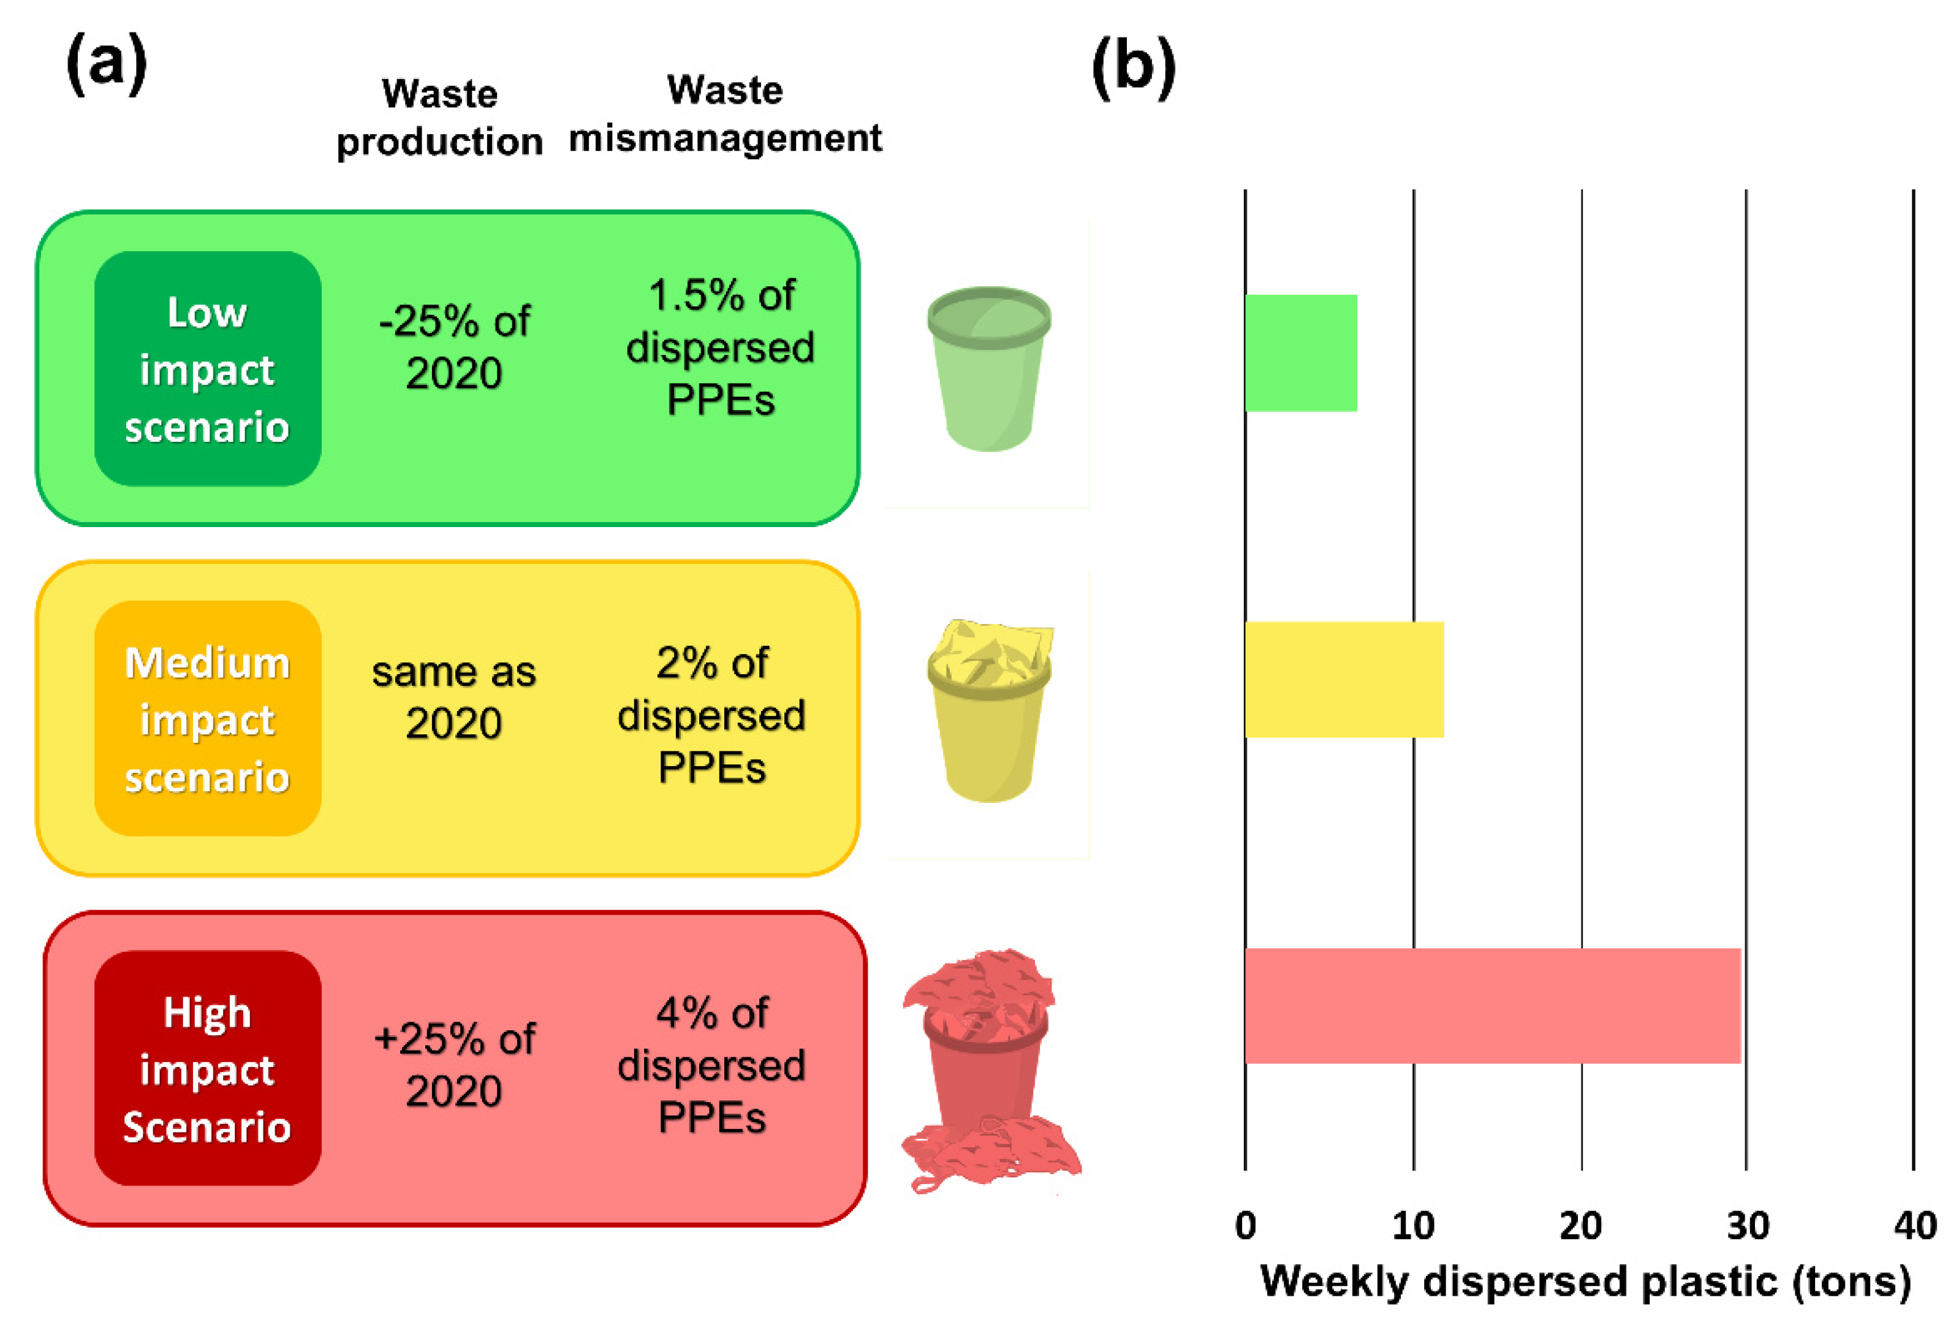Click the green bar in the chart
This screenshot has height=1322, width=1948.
(1300, 353)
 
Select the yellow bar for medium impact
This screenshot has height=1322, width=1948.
(1344, 679)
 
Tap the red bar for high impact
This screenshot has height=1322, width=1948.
(1492, 1005)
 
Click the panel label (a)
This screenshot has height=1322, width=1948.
(107, 63)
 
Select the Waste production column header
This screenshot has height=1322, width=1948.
(439, 117)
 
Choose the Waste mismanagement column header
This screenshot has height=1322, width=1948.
(725, 114)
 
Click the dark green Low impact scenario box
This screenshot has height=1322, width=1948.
(207, 369)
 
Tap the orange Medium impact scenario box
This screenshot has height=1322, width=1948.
(207, 718)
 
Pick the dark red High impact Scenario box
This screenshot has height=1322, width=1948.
(207, 1068)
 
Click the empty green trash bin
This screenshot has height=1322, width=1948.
(989, 369)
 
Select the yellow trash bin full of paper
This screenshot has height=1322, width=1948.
(989, 713)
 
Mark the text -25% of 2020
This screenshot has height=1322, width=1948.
(454, 346)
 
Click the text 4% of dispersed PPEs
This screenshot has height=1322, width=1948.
(711, 1065)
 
